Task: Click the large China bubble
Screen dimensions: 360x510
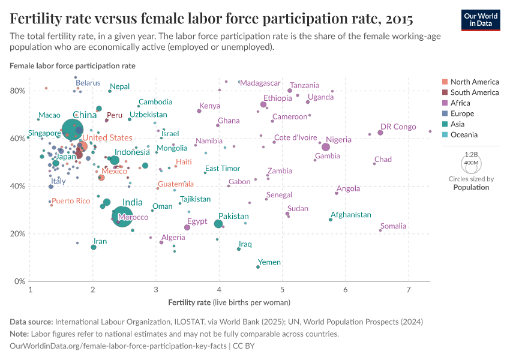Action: coord(73,128)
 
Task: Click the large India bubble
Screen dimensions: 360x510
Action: coord(122,215)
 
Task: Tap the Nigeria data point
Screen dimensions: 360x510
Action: coord(326,147)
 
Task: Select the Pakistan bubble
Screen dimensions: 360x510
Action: coord(218,224)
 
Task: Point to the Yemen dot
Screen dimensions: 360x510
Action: coord(258,266)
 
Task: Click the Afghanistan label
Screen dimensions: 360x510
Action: coord(354,215)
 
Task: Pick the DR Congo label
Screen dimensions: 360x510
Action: coord(398,127)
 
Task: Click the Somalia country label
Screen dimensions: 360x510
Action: coord(393,226)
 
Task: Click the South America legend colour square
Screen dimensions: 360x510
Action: coord(444,92)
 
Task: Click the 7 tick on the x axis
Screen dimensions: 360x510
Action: coord(409,290)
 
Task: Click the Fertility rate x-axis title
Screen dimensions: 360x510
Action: coord(229,302)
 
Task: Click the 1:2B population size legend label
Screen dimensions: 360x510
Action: coord(472,154)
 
